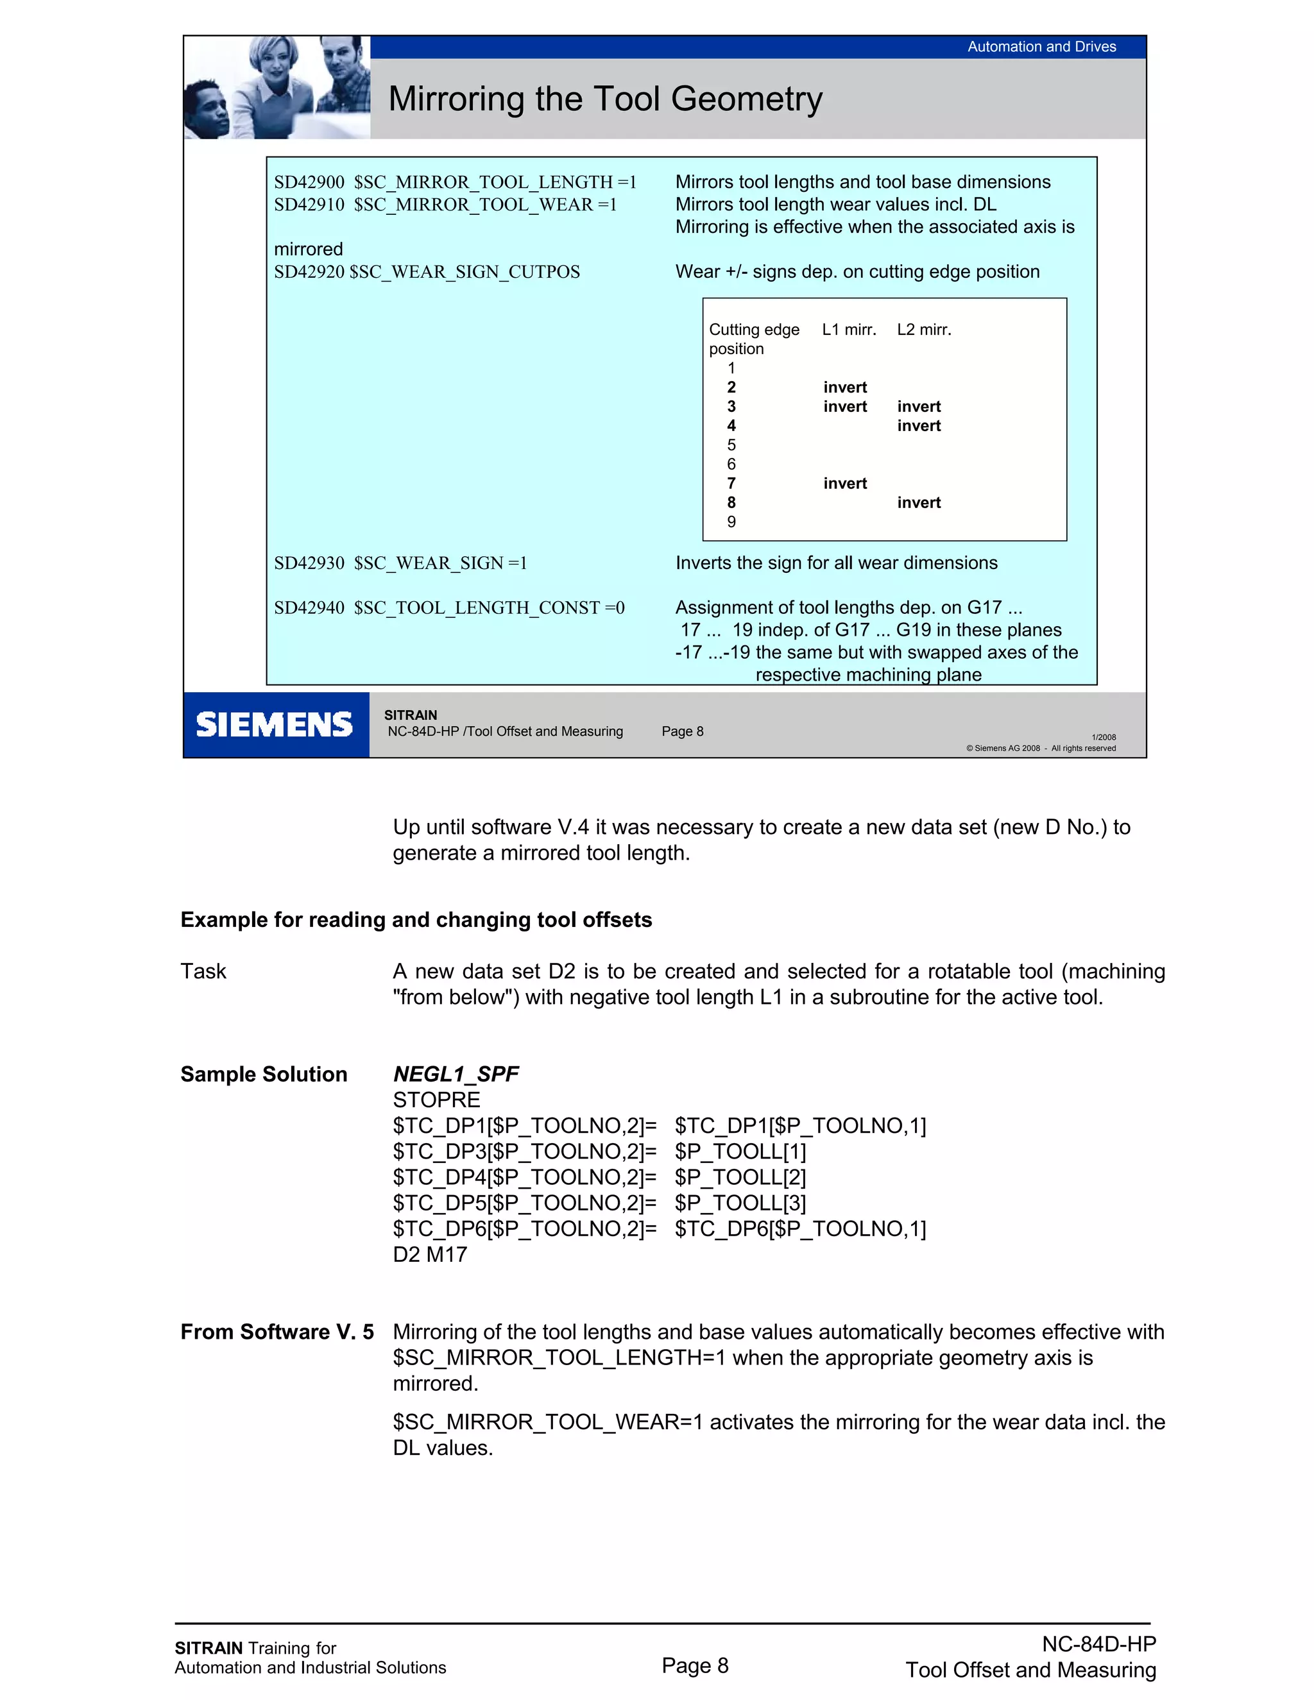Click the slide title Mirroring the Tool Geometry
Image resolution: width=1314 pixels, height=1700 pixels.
point(605,99)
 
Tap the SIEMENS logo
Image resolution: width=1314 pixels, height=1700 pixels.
point(274,725)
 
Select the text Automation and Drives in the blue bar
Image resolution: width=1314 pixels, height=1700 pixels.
point(1041,47)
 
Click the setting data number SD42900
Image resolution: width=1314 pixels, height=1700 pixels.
point(309,182)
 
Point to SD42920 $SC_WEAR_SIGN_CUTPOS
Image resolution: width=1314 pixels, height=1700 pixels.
point(427,271)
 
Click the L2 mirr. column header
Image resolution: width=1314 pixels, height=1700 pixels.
point(924,330)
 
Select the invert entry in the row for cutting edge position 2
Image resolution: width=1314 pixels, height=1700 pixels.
point(844,387)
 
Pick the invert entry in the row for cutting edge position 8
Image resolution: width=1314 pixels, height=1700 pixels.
point(919,503)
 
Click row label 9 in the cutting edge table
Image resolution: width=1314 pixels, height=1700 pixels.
point(731,522)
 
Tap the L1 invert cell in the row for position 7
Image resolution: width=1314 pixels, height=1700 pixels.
point(844,484)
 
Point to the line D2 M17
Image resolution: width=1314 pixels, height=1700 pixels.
point(430,1255)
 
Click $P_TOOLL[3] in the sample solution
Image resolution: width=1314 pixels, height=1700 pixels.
point(740,1203)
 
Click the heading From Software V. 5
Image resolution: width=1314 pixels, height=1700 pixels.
point(277,1332)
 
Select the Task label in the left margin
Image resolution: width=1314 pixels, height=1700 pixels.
point(203,971)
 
